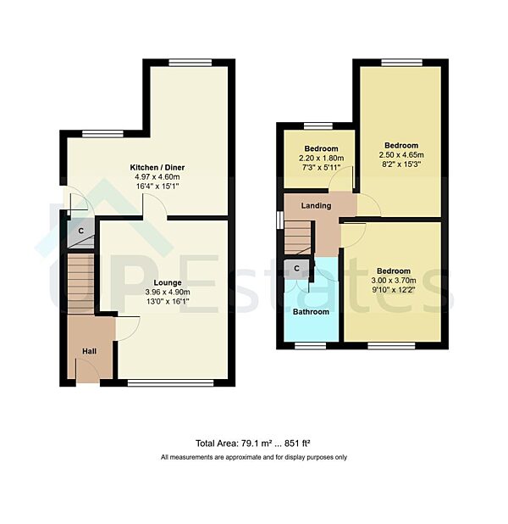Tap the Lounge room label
pyautogui.click(x=167, y=283)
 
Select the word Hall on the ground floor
pyautogui.click(x=89, y=350)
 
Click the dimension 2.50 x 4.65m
pyautogui.click(x=400, y=155)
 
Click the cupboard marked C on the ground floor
pyautogui.click(x=80, y=231)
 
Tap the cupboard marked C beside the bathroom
pyautogui.click(x=297, y=269)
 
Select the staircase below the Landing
pyautogui.click(x=298, y=235)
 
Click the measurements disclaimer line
pyautogui.click(x=254, y=457)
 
